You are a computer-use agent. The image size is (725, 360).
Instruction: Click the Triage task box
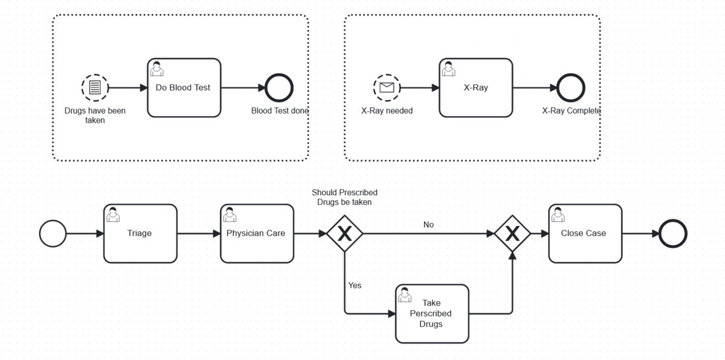(140, 233)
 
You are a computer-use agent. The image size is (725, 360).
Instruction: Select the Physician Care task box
(256, 233)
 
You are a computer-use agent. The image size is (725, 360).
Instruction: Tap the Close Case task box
(585, 233)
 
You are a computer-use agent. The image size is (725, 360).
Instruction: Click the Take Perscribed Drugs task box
(432, 313)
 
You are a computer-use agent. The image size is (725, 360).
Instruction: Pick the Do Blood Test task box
(183, 88)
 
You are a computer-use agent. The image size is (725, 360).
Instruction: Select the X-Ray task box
(475, 88)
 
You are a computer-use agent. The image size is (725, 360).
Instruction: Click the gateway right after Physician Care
(344, 233)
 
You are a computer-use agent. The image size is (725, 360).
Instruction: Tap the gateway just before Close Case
(512, 233)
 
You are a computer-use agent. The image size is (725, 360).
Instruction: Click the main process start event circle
(53, 233)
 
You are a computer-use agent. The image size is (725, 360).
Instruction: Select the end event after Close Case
(672, 233)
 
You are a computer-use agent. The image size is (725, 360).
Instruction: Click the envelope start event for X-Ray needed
(387, 88)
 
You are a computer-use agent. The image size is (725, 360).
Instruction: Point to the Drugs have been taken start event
(95, 88)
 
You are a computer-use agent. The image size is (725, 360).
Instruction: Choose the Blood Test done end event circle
(280, 88)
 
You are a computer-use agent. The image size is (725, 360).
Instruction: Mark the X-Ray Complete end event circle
(571, 88)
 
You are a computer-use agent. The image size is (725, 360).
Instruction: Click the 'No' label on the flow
(428, 225)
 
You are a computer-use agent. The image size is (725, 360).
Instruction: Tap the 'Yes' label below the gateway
(355, 285)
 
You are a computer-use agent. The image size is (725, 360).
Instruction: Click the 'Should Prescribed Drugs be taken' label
(344, 198)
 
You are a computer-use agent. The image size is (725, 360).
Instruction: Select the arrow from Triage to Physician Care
(199, 233)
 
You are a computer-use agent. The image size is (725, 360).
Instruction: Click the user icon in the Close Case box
(559, 214)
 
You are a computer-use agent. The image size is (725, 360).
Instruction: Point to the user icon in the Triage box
(113, 214)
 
